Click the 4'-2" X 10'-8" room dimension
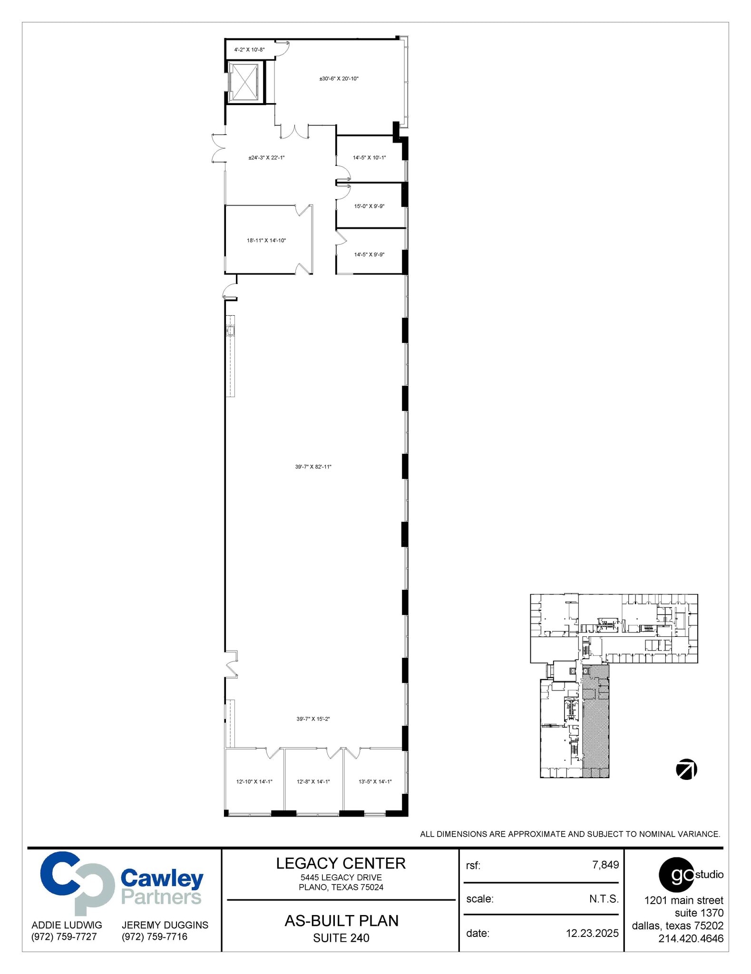(x=249, y=49)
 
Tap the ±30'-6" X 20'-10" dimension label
(x=339, y=78)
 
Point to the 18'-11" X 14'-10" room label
(x=266, y=241)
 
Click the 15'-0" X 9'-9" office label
(x=369, y=206)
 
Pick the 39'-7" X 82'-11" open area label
(x=313, y=467)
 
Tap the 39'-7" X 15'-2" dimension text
(x=313, y=719)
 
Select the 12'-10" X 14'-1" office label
(x=254, y=782)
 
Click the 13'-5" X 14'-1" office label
(x=375, y=782)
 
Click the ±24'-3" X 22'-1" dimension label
(x=266, y=158)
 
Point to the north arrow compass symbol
(x=686, y=769)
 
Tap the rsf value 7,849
(x=605, y=865)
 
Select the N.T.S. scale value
(x=604, y=899)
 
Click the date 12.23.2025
(x=592, y=934)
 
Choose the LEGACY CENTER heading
(x=341, y=864)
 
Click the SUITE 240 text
(x=341, y=938)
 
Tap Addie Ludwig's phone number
(x=64, y=937)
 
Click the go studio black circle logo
(x=676, y=875)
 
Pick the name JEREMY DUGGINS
(x=165, y=925)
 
